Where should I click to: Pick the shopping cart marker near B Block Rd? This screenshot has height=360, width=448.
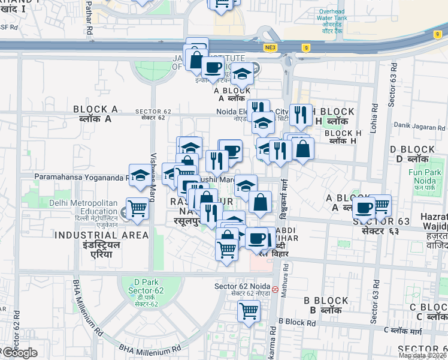coord(248,311)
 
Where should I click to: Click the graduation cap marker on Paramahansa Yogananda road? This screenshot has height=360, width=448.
coord(140,175)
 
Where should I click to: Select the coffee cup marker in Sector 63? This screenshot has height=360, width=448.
coord(364,208)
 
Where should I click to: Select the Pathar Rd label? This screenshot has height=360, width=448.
coord(89,18)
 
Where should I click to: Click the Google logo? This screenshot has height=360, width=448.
coord(20,353)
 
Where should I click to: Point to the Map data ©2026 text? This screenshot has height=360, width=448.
coord(422,355)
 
